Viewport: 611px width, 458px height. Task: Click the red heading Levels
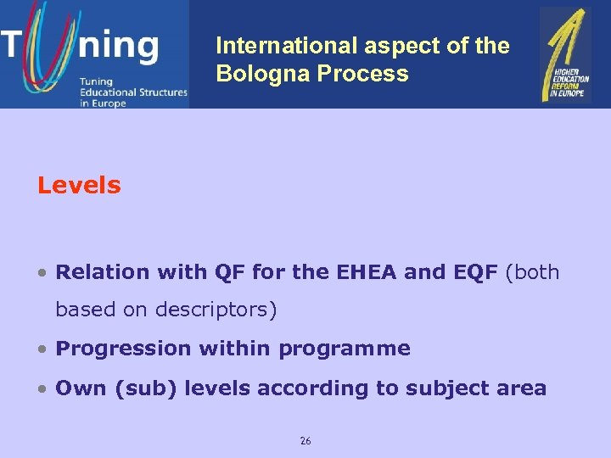point(79,185)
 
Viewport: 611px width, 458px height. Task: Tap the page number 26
point(305,440)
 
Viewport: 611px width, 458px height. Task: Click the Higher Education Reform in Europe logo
point(566,54)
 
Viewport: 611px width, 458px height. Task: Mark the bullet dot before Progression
point(42,349)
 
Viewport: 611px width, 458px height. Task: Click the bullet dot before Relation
point(42,273)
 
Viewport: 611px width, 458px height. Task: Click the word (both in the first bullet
point(532,272)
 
